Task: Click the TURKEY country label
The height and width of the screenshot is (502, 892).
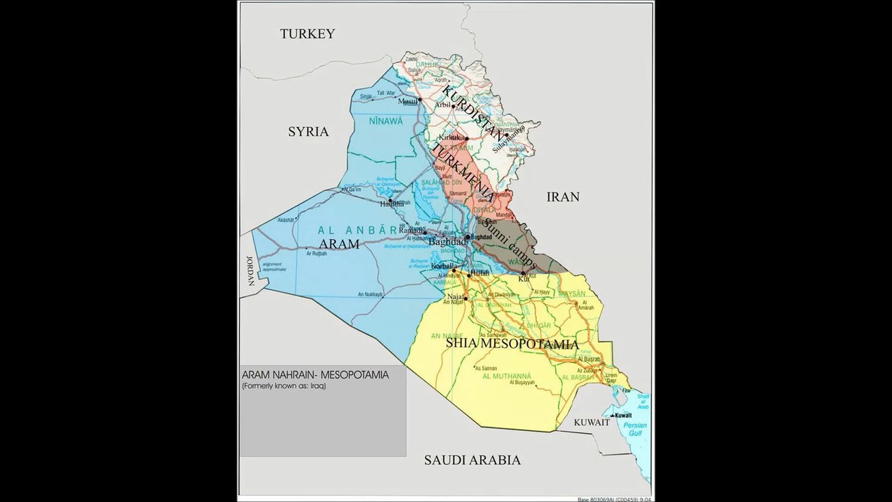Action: point(307,33)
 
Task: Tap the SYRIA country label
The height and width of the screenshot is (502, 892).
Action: point(308,132)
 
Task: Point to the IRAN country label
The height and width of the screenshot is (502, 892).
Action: point(562,197)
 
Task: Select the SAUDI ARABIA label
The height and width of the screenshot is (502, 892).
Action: point(472,460)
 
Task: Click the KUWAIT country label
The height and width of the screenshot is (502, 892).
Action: point(592,423)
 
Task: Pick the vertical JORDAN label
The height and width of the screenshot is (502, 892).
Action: point(249,271)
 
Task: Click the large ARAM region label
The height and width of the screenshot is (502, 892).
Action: point(339,243)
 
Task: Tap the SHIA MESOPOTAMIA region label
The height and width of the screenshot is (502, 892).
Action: point(512,344)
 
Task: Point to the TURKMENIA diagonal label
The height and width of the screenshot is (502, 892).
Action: point(463,174)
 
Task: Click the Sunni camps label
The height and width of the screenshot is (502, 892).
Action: point(509,245)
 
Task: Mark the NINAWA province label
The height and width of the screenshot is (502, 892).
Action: point(386,121)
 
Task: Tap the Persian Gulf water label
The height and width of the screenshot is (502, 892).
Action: point(635,429)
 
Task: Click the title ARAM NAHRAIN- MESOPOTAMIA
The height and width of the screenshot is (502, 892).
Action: point(314,375)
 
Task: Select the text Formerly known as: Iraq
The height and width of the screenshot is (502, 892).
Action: point(284,386)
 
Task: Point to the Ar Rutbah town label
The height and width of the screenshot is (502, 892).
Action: point(316,253)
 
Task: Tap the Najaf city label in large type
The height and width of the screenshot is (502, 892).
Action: point(456,296)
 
